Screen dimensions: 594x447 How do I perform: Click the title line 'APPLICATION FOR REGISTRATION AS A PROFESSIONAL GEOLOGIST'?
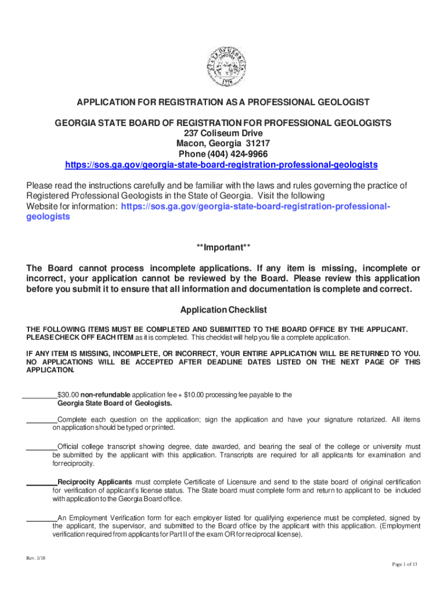pyautogui.click(x=223, y=103)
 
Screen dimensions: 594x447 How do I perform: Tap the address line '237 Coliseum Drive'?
pyautogui.click(x=223, y=133)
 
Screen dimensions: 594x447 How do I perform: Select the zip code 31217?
pyautogui.click(x=258, y=144)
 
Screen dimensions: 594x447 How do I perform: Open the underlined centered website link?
pyautogui.click(x=221, y=165)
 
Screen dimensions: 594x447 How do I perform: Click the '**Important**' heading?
pyautogui.click(x=223, y=248)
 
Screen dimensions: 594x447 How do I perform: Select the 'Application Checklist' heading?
pyautogui.click(x=223, y=310)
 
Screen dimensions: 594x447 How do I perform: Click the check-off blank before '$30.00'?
pyautogui.click(x=39, y=396)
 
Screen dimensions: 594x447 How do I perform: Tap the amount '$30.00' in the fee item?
pyautogui.click(x=69, y=395)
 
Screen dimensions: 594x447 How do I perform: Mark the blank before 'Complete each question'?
pyautogui.click(x=41, y=419)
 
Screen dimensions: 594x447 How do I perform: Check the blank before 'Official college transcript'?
pyautogui.click(x=41, y=447)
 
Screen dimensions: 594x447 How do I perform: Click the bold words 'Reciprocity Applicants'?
pyautogui.click(x=95, y=482)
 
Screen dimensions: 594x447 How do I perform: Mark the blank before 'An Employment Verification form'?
pyautogui.click(x=41, y=517)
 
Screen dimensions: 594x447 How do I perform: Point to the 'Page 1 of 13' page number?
pyautogui.click(x=405, y=564)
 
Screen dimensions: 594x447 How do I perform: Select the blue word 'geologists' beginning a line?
pyautogui.click(x=48, y=216)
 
